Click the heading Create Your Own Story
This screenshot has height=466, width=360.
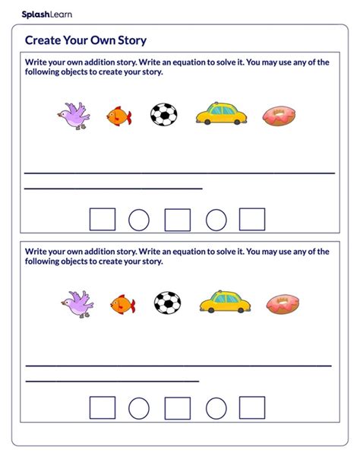[86, 40]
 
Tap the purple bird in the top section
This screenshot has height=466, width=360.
[74, 116]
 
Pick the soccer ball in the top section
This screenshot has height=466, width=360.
[164, 115]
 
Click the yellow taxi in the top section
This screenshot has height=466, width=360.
[222, 114]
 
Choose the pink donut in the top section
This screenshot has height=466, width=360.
[279, 116]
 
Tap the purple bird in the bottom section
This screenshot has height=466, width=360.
[77, 303]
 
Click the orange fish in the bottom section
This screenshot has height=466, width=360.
[123, 305]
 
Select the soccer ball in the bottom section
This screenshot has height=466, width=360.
[168, 303]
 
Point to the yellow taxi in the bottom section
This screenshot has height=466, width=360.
[226, 302]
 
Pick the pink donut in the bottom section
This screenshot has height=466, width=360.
[283, 304]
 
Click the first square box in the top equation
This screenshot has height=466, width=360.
[103, 220]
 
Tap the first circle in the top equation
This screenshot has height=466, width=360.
[139, 220]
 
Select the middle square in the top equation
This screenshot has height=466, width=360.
[178, 220]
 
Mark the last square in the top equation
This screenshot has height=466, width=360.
[252, 220]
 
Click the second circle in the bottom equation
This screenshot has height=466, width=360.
[216, 408]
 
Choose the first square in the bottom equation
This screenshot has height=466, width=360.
[103, 408]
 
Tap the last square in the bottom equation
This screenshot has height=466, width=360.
[252, 408]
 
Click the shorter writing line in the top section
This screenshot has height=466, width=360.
[114, 188]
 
